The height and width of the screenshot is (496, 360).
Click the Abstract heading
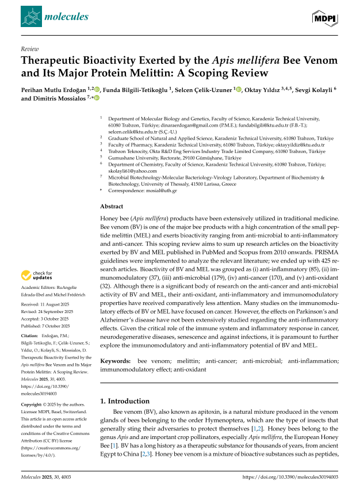(112, 205)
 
